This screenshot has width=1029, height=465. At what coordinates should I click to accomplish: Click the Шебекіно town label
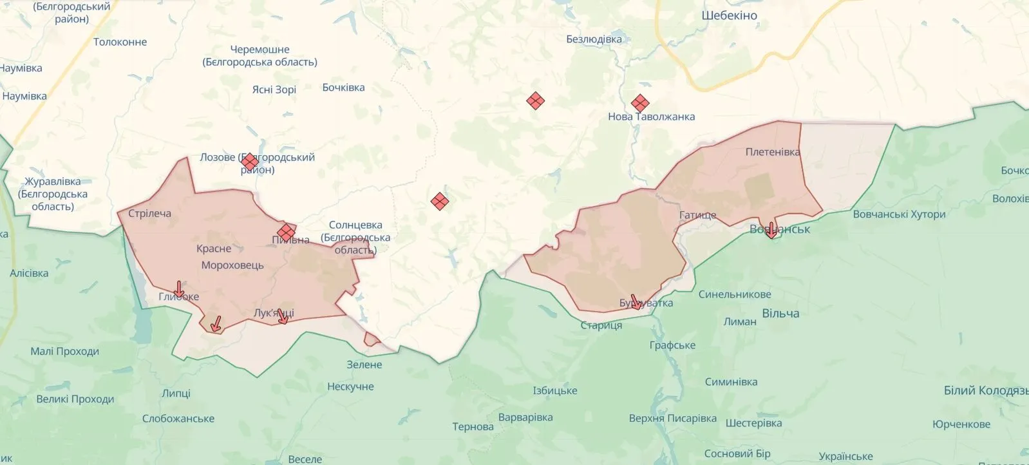pyautogui.click(x=729, y=15)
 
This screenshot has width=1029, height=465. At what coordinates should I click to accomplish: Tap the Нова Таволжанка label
pyautogui.click(x=651, y=117)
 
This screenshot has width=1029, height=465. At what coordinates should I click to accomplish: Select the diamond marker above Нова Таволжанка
pyautogui.click(x=639, y=103)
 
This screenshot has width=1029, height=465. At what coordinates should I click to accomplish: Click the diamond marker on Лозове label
pyautogui.click(x=250, y=162)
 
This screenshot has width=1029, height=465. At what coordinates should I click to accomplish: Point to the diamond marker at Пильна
pyautogui.click(x=286, y=232)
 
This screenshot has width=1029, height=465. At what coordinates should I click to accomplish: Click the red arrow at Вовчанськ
pyautogui.click(x=771, y=231)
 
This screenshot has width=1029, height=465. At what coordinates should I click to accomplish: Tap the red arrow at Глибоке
pyautogui.click(x=179, y=290)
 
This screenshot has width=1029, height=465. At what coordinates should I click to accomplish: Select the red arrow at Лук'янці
pyautogui.click(x=282, y=316)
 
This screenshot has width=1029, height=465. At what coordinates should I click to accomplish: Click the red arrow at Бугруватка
pyautogui.click(x=635, y=302)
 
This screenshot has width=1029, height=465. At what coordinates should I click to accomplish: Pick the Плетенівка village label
pyautogui.click(x=772, y=152)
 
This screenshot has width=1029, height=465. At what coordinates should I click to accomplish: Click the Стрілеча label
pyautogui.click(x=149, y=213)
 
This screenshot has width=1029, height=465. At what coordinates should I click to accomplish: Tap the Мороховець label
pyautogui.click(x=232, y=265)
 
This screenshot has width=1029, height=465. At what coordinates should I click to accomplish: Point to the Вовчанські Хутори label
pyautogui.click(x=898, y=214)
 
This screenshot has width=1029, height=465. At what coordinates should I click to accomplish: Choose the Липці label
pyautogui.click(x=176, y=393)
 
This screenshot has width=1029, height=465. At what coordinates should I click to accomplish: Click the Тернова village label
pyautogui.click(x=473, y=426)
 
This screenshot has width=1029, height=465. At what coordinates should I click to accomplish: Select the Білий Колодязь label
pyautogui.click(x=985, y=390)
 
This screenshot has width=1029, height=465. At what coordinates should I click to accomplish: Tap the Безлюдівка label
pyautogui.click(x=594, y=39)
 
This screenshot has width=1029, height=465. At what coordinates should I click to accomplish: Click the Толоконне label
pyautogui.click(x=120, y=42)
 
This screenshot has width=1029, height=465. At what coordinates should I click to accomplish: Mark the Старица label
pyautogui.click(x=601, y=325)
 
